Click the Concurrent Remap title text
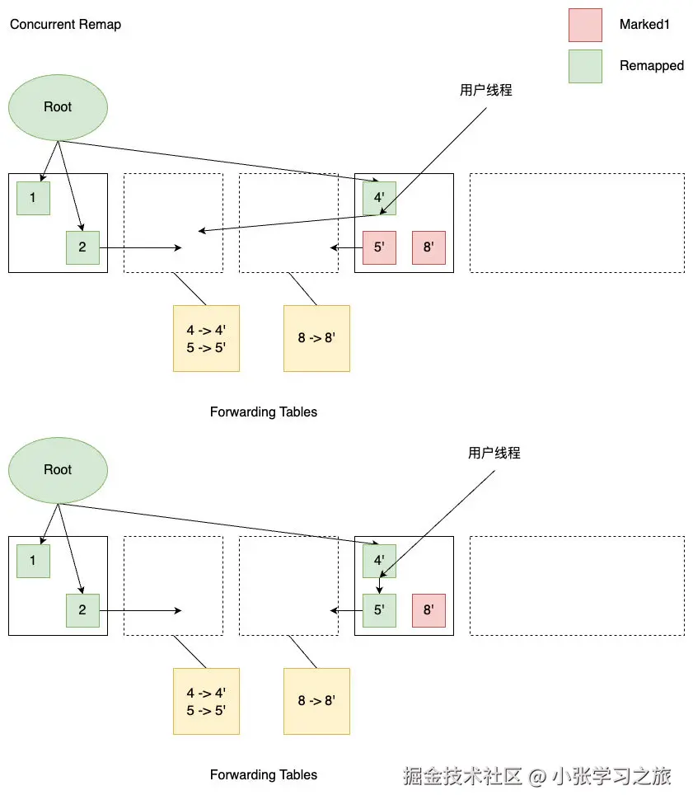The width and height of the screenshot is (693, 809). click(65, 25)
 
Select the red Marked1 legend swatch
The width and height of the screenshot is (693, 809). click(585, 25)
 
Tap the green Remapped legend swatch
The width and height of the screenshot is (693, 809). click(585, 66)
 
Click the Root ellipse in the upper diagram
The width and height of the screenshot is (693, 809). click(58, 107)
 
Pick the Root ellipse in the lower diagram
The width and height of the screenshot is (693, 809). click(58, 470)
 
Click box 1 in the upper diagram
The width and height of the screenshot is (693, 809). click(33, 198)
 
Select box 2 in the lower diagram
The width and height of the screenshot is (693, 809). click(82, 610)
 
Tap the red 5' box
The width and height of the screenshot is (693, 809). click(379, 247)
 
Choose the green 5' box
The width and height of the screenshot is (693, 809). click(379, 610)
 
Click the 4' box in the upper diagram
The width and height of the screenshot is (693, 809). click(379, 198)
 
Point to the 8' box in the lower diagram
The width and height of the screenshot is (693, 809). click(428, 610)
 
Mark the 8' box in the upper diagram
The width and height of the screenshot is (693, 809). click(428, 247)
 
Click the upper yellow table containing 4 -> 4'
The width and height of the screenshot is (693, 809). click(206, 339)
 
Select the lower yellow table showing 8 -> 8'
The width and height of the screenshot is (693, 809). click(316, 702)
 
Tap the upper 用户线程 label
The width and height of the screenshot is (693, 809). click(485, 91)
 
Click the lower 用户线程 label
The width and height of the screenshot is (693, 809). click(494, 454)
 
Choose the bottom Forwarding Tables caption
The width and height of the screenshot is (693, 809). click(264, 775)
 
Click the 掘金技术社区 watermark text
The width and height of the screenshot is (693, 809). click(462, 776)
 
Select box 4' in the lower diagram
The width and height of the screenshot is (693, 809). click(379, 561)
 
